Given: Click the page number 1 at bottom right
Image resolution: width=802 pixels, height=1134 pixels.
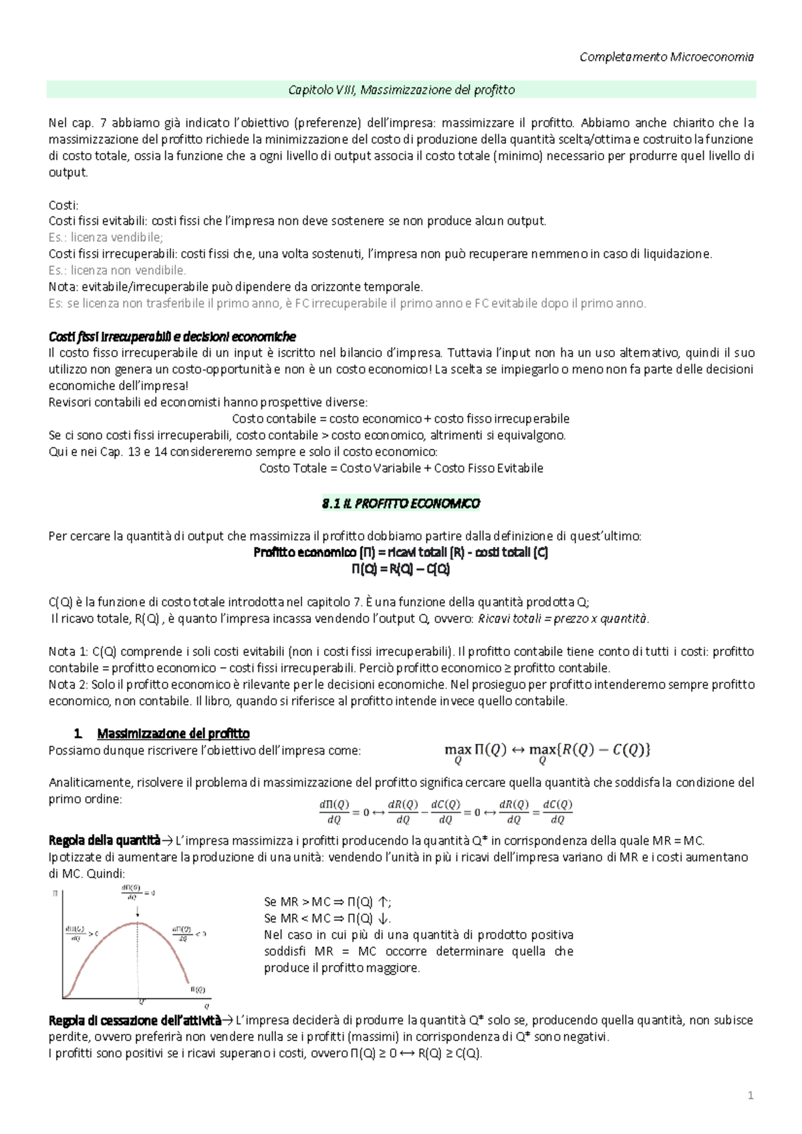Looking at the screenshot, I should pos(751,1095).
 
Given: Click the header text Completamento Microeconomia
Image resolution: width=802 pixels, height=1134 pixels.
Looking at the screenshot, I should pos(666,57).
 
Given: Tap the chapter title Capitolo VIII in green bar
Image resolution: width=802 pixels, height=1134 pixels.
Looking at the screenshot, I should pos(401,89).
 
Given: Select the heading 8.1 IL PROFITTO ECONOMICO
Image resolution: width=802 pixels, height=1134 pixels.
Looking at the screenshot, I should pos(401,503).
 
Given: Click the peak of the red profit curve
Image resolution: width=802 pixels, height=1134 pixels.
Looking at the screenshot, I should pos(138,922).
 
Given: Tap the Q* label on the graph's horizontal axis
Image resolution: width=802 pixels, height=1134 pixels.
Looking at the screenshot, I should pos(141,1001).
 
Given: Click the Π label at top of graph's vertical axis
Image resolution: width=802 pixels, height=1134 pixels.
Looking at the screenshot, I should pos(55,893).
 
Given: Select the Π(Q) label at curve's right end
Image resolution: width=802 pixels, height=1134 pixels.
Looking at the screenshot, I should pos(198,989).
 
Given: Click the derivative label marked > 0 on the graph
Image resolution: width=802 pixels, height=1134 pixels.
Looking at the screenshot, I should pos(82,933).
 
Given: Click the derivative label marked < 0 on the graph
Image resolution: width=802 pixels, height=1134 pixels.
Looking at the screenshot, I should pos(188,933).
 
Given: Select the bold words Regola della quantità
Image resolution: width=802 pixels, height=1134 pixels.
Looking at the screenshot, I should pos(104,840).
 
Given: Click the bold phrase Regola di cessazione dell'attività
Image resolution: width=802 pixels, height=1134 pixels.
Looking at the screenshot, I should pos(134,1020).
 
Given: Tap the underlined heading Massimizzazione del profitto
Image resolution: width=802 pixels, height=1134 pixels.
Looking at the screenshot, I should pos(173,733).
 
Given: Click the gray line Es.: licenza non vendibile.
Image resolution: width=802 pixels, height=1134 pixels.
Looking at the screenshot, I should pos(118,270).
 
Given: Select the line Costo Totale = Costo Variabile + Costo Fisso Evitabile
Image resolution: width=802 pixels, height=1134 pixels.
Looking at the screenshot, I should pos(401,468).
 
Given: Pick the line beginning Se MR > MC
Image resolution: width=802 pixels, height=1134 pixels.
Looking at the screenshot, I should pos(327,902).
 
